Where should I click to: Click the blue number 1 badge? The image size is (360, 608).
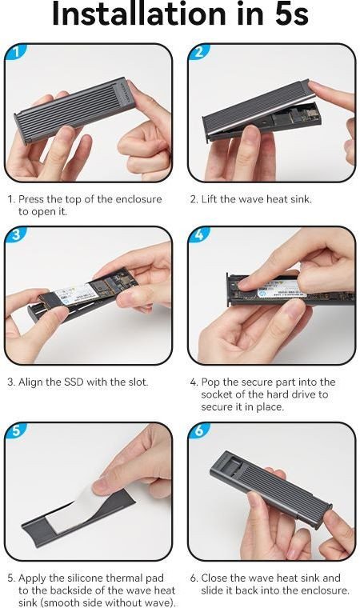pyautogui.click(x=15, y=52)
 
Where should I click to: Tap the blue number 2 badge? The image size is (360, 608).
pyautogui.click(x=198, y=52)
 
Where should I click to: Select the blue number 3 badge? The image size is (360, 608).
pyautogui.click(x=15, y=235)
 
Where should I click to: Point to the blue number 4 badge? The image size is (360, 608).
pyautogui.click(x=198, y=235)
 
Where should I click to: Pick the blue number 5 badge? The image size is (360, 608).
pyautogui.click(x=15, y=430)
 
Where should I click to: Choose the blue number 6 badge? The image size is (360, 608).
pyautogui.click(x=198, y=430)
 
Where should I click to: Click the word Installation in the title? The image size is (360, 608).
pyautogui.click(x=139, y=14)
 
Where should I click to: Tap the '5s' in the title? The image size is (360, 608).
pyautogui.click(x=291, y=14)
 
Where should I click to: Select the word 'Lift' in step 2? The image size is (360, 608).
pyautogui.click(x=209, y=199)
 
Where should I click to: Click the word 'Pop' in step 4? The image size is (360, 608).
pyautogui.click(x=210, y=382)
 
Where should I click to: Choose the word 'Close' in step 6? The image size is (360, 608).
pyautogui.click(x=214, y=578)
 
